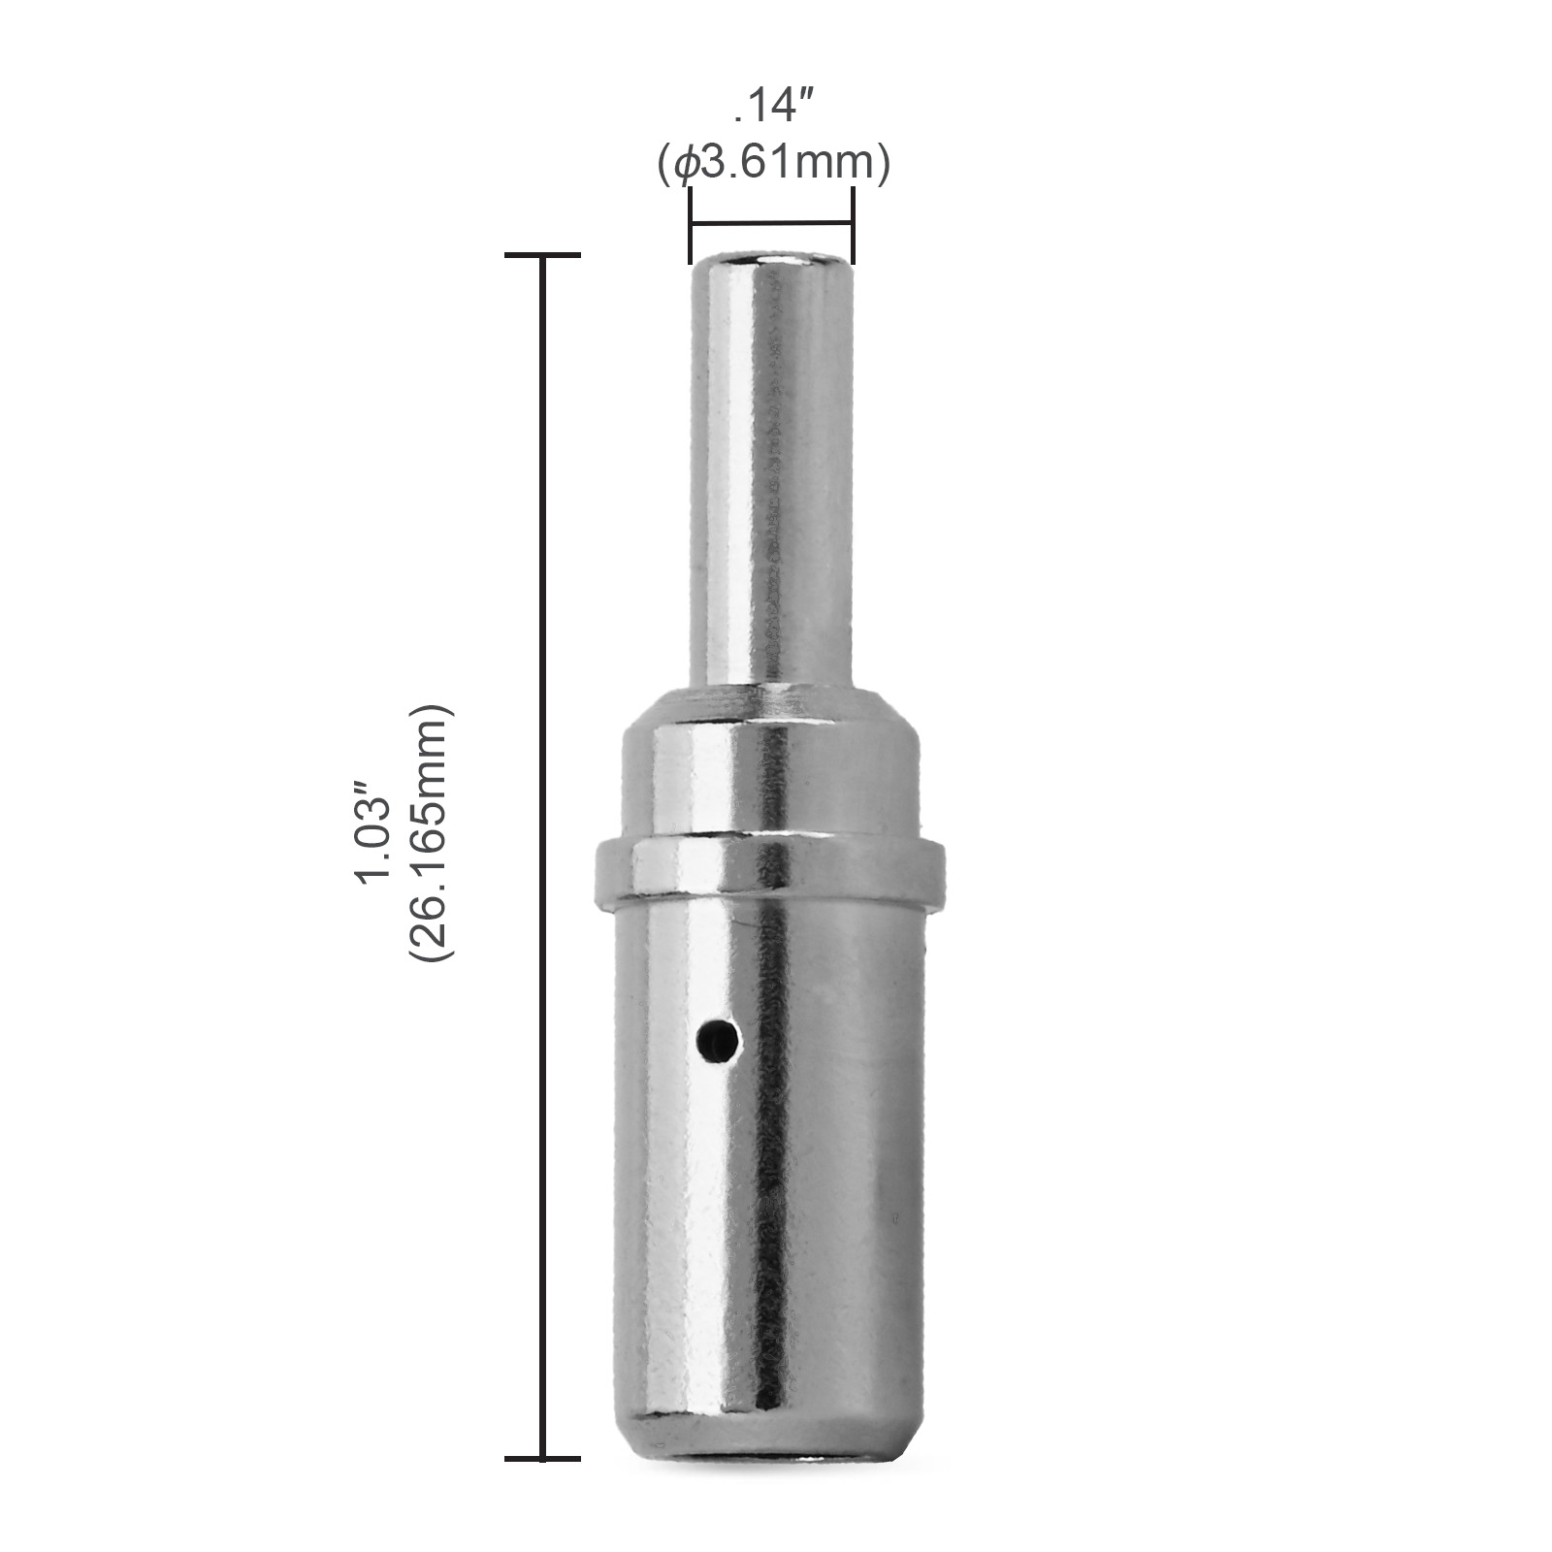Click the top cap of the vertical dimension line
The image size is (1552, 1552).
pos(542,256)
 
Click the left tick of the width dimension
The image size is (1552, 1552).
pos(690,225)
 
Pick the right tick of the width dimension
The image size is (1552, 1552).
pos(854,225)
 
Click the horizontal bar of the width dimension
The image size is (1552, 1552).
pos(771,225)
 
